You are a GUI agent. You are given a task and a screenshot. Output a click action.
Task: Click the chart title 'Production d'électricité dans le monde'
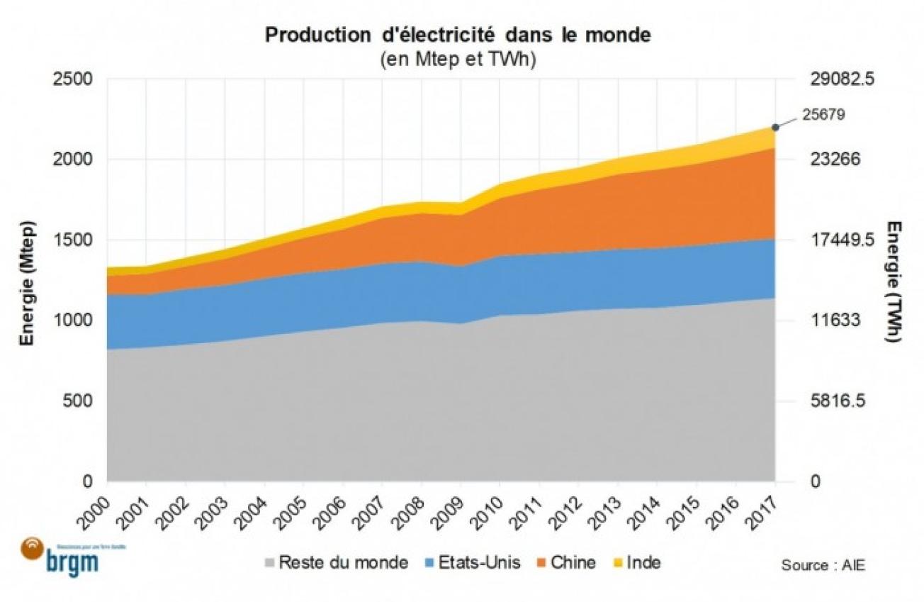[457, 35]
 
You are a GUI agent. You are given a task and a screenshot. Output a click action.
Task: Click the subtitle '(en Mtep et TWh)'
[457, 60]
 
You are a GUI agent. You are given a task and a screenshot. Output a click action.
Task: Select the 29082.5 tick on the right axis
[843, 79]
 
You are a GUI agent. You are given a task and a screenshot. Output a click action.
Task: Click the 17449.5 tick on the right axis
[843, 240]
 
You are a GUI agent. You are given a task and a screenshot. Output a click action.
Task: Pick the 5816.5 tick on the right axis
[839, 401]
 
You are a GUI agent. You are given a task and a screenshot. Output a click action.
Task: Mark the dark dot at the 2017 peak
[775, 127]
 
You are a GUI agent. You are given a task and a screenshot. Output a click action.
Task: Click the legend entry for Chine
[565, 563]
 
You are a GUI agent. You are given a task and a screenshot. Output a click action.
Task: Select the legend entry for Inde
[636, 563]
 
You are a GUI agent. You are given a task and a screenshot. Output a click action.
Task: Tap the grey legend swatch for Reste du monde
[270, 563]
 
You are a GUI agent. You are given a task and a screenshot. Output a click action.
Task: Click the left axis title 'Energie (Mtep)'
[29, 282]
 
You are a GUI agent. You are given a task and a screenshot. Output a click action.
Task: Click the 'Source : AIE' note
[823, 565]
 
